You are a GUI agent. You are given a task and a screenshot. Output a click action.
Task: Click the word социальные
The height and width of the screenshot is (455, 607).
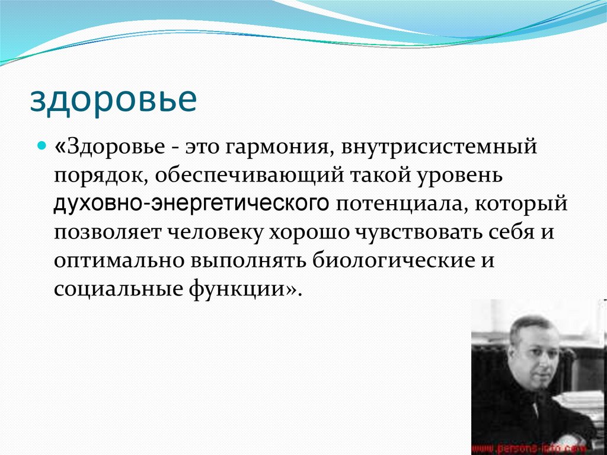click(112, 290)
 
